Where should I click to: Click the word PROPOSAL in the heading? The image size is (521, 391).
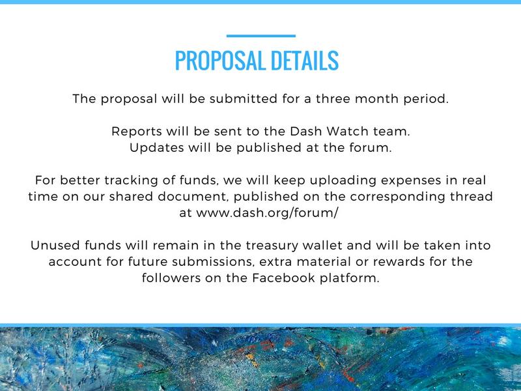[x=219, y=61]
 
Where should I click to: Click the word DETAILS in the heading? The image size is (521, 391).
[x=305, y=61]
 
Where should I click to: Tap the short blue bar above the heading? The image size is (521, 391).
[x=261, y=36]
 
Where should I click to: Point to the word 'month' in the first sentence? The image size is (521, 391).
[x=376, y=99]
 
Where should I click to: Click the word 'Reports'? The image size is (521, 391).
[x=136, y=132]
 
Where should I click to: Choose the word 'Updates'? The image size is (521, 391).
[x=156, y=148]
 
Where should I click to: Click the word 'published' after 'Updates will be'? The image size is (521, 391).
[x=269, y=148]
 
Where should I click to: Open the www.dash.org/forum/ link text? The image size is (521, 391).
[x=267, y=213]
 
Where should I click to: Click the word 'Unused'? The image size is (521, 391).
[x=55, y=246]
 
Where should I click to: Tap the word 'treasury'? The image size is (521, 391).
[x=272, y=246]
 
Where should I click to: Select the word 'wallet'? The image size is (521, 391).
[x=322, y=246]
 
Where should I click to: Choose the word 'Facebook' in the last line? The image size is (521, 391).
[x=283, y=278]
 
